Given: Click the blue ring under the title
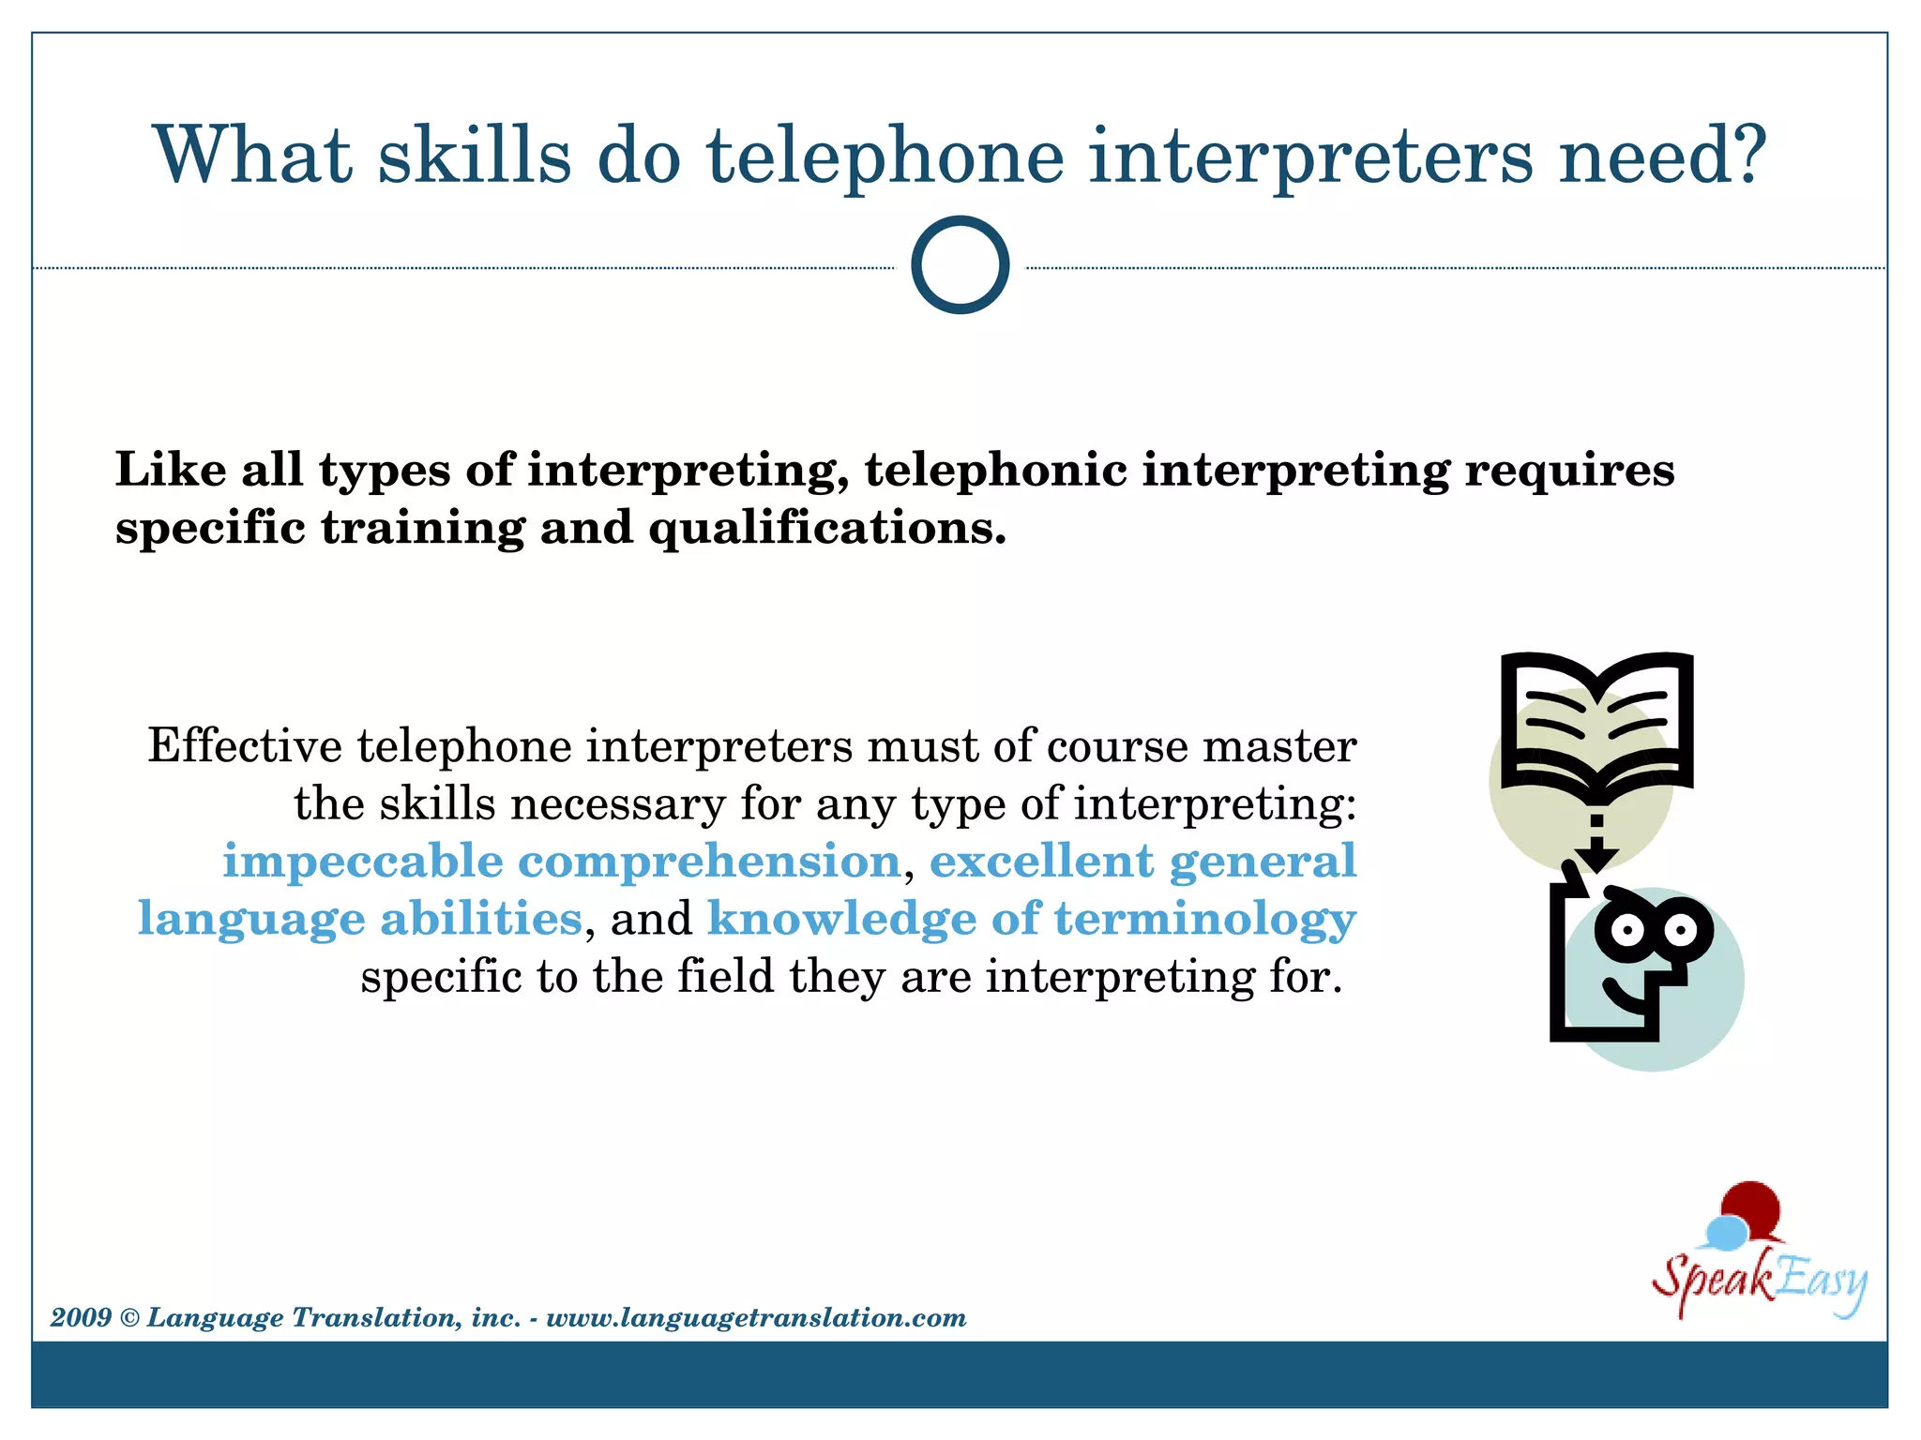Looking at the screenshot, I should coord(960,264).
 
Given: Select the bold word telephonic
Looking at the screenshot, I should coord(995,470).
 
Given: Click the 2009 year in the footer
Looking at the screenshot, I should coord(81,1318).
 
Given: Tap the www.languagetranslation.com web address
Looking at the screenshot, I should coord(756,1318).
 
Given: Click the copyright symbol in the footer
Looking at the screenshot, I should coord(129,1318).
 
